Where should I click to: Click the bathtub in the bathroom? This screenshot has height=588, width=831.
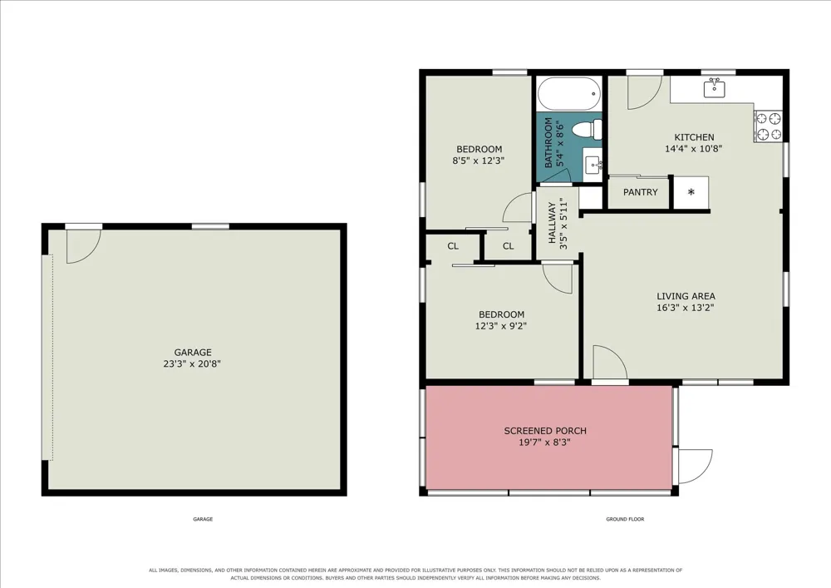click(569, 94)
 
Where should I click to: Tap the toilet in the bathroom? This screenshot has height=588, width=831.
click(588, 130)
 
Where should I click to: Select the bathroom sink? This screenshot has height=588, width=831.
click(593, 165)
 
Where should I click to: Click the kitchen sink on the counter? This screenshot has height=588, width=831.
click(715, 87)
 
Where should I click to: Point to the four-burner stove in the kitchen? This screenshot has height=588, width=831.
click(768, 126)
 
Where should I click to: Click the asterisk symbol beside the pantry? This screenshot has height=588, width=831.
click(691, 192)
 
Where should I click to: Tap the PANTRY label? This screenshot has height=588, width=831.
click(640, 192)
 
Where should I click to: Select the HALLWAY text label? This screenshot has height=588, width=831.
click(552, 223)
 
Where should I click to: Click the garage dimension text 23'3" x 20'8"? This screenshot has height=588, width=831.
click(192, 363)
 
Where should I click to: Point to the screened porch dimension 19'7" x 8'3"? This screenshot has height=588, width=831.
click(545, 442)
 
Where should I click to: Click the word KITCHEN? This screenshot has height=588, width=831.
click(694, 136)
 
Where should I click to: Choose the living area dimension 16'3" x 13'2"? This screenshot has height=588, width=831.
click(686, 308)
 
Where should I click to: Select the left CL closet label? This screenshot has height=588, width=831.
click(453, 246)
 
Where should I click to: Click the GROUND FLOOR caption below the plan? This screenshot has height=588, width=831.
click(626, 519)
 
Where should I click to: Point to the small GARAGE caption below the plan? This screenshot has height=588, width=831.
click(203, 519)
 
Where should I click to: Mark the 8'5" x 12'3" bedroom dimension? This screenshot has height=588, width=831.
click(478, 161)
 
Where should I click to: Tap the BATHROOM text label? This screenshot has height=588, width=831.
click(548, 142)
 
